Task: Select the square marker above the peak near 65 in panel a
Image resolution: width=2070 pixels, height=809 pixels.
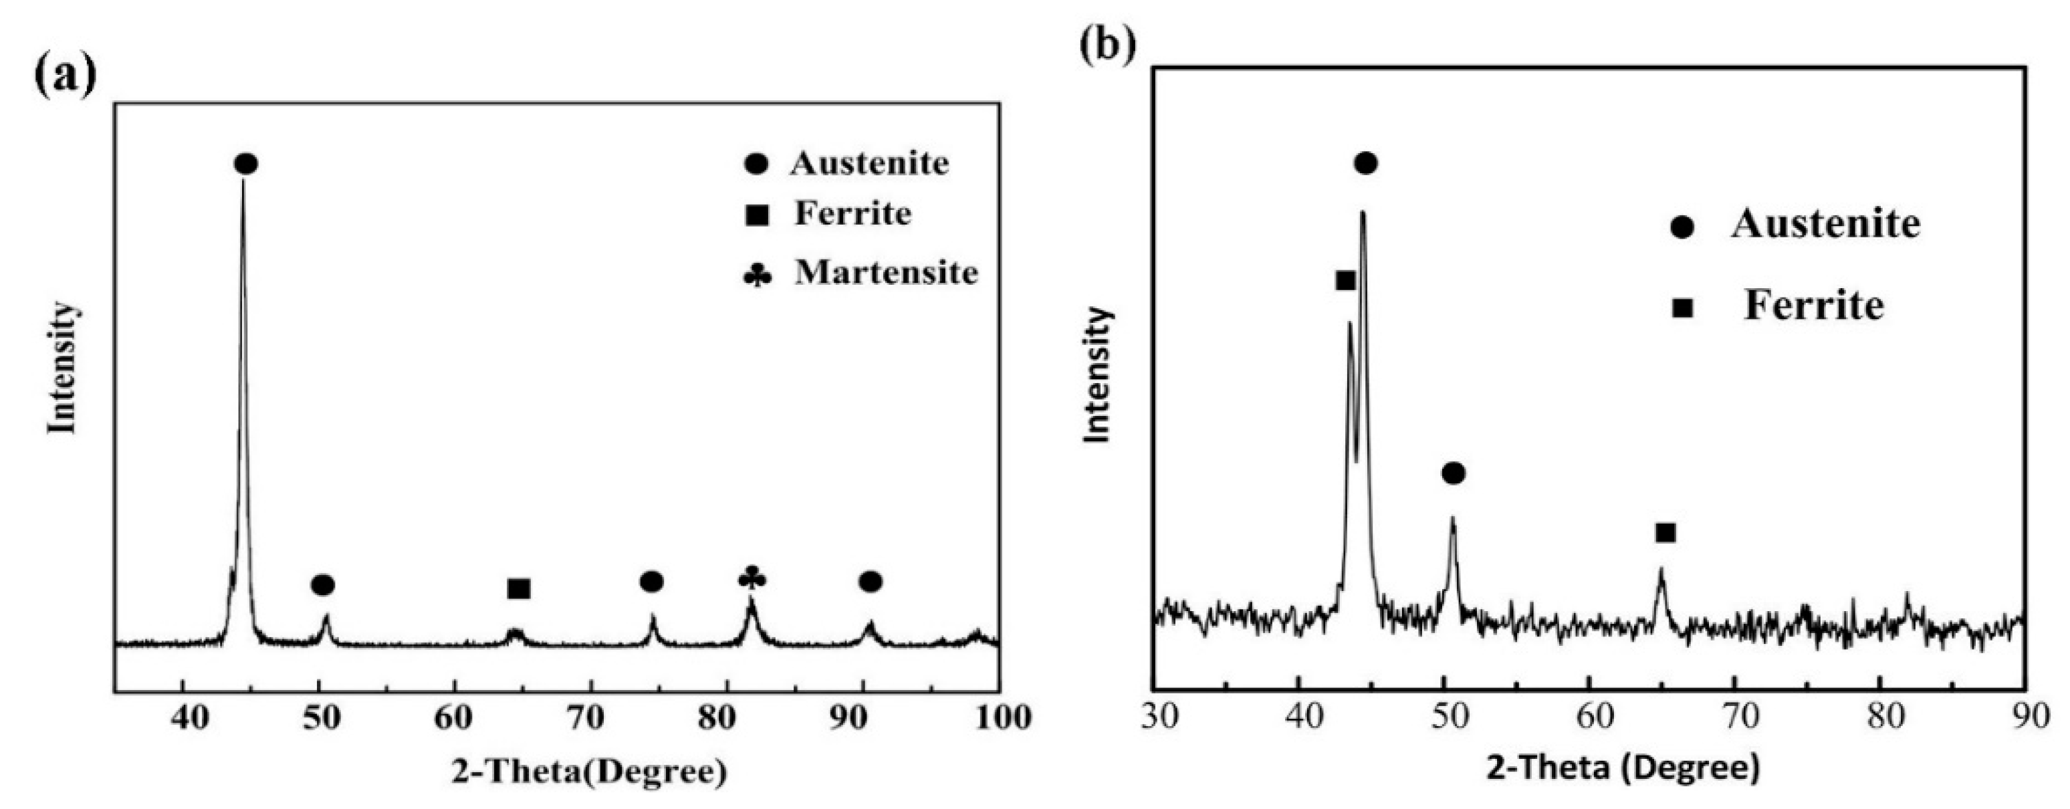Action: tap(519, 589)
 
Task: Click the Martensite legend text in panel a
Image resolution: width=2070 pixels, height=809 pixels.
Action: tap(887, 273)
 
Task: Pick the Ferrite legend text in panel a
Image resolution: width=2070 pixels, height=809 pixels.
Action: tap(852, 214)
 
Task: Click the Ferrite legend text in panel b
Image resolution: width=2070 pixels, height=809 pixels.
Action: tap(1814, 306)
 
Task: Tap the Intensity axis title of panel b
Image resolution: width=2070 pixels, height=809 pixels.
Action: tap(1098, 374)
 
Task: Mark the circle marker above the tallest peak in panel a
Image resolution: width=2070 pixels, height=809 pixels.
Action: tap(246, 164)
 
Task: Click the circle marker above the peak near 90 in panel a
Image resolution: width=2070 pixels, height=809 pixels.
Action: tap(871, 582)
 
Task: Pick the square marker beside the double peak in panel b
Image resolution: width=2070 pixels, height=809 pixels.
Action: tap(1346, 280)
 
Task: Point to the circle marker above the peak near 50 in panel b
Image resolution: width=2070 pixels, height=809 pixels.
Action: tap(1453, 473)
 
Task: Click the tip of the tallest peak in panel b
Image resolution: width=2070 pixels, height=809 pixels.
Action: tap(1363, 213)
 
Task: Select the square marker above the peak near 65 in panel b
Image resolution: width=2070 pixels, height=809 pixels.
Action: tap(1665, 533)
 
